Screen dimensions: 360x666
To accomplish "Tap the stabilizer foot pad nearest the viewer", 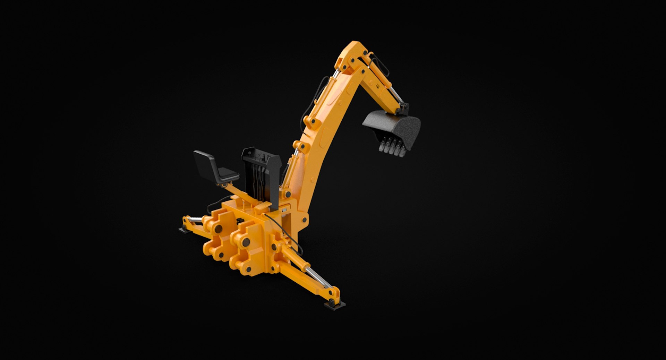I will click(x=335, y=305).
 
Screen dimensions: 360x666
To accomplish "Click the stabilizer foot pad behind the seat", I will click(x=183, y=230).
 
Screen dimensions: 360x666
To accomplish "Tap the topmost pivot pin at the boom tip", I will click(x=365, y=53).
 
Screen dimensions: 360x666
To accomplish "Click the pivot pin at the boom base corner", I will click(x=304, y=220).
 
